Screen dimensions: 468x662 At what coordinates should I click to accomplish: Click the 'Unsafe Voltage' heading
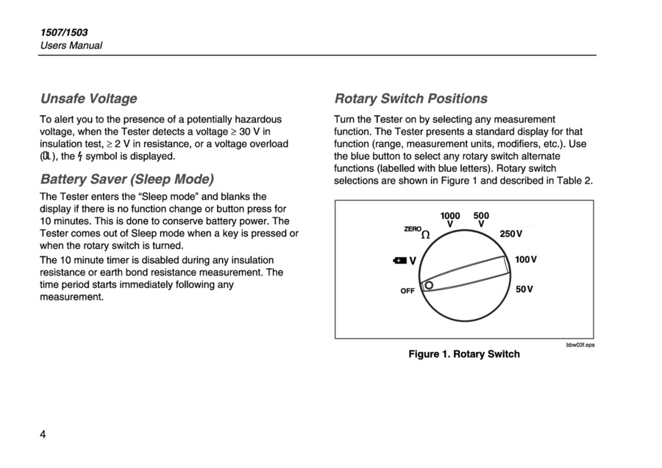88,98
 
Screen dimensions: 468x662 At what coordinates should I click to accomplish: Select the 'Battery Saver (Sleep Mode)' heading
127,179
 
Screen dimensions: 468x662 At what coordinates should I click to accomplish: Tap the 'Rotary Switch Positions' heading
410,98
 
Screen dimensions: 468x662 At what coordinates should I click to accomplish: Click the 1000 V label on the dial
450,220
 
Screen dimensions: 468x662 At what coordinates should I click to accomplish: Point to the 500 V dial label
481,220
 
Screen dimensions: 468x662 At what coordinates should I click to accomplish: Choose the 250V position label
511,234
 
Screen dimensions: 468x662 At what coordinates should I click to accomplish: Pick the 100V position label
525,260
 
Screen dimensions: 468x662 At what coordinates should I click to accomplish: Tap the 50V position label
524,289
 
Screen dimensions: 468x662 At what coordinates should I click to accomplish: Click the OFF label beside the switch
407,291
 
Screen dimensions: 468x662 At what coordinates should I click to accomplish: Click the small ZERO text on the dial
413,229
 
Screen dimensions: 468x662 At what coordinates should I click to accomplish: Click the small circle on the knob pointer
428,285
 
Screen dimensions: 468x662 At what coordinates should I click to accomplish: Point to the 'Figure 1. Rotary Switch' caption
464,354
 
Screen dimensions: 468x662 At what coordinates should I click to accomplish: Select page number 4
43,434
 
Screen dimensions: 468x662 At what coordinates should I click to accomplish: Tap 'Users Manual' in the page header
71,46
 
